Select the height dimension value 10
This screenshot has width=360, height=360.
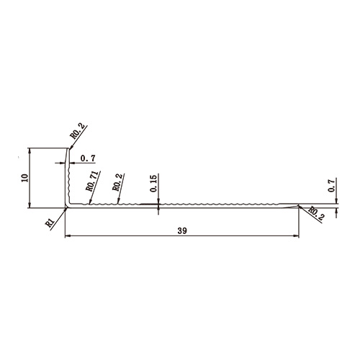[24, 179]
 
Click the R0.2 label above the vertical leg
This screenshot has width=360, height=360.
[78, 132]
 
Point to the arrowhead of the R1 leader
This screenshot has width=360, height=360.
[65, 210]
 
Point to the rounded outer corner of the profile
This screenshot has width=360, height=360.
[66, 208]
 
